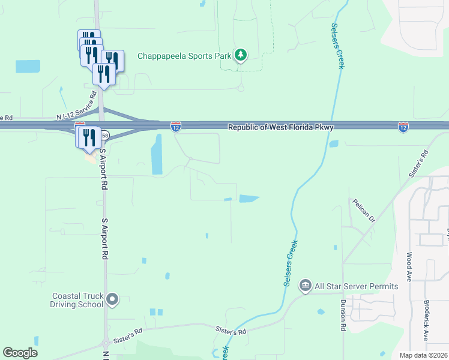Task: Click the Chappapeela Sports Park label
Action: click(x=184, y=56)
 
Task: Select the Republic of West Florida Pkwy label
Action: click(x=280, y=127)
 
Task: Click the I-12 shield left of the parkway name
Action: click(x=175, y=127)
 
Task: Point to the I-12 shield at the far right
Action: click(x=403, y=127)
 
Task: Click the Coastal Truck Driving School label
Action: click(x=78, y=300)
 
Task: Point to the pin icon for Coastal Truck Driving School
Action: click(x=112, y=299)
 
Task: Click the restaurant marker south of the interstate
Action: click(x=88, y=137)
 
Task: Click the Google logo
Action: click(x=20, y=353)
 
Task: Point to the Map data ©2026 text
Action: click(x=423, y=355)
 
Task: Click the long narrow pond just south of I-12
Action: click(x=157, y=154)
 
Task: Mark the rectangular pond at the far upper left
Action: click(x=28, y=66)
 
